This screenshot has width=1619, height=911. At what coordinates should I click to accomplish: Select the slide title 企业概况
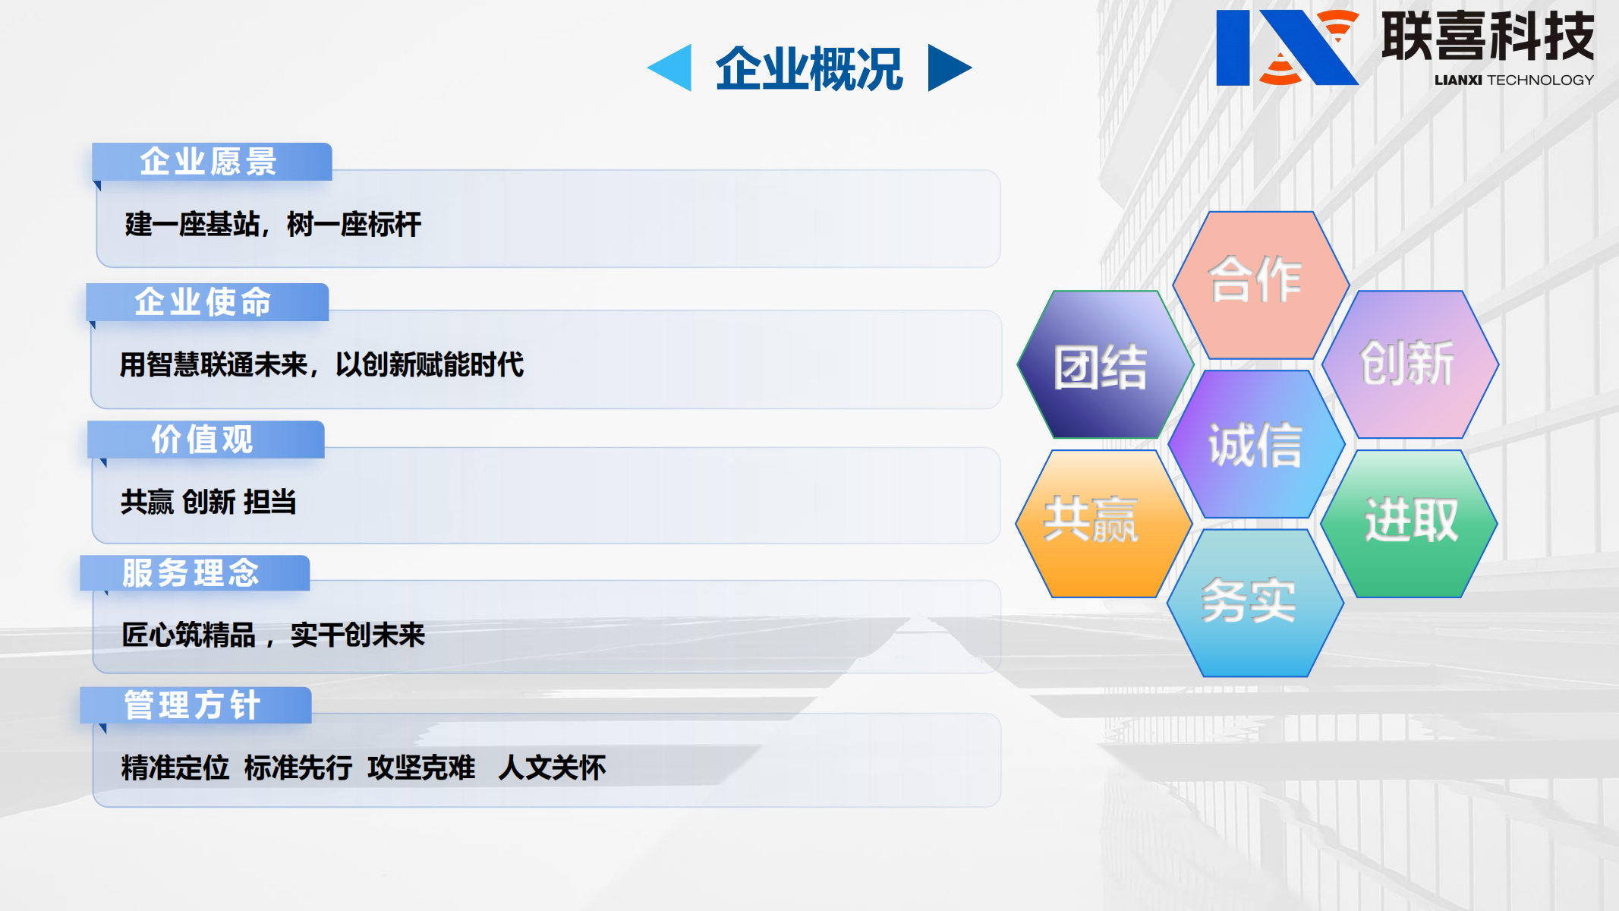[809, 68]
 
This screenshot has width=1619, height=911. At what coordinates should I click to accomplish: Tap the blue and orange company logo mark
[1286, 47]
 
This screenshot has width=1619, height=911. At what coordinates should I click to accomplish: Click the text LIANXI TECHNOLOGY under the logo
[1513, 80]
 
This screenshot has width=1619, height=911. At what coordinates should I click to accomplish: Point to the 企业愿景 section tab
[210, 162]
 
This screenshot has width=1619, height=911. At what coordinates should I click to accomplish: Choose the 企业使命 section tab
[205, 301]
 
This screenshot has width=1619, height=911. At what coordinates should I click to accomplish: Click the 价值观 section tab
[203, 439]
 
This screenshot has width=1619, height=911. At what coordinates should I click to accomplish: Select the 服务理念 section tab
[193, 572]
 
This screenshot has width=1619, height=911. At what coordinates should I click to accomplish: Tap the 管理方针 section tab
[194, 705]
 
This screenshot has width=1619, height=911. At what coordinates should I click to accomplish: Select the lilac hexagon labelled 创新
[1409, 364]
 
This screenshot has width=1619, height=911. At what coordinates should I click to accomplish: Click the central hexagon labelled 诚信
[1256, 445]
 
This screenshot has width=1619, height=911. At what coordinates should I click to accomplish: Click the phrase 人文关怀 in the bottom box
[552, 768]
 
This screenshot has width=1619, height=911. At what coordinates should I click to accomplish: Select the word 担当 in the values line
[270, 502]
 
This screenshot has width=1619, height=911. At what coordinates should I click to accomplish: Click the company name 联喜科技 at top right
[1488, 36]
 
